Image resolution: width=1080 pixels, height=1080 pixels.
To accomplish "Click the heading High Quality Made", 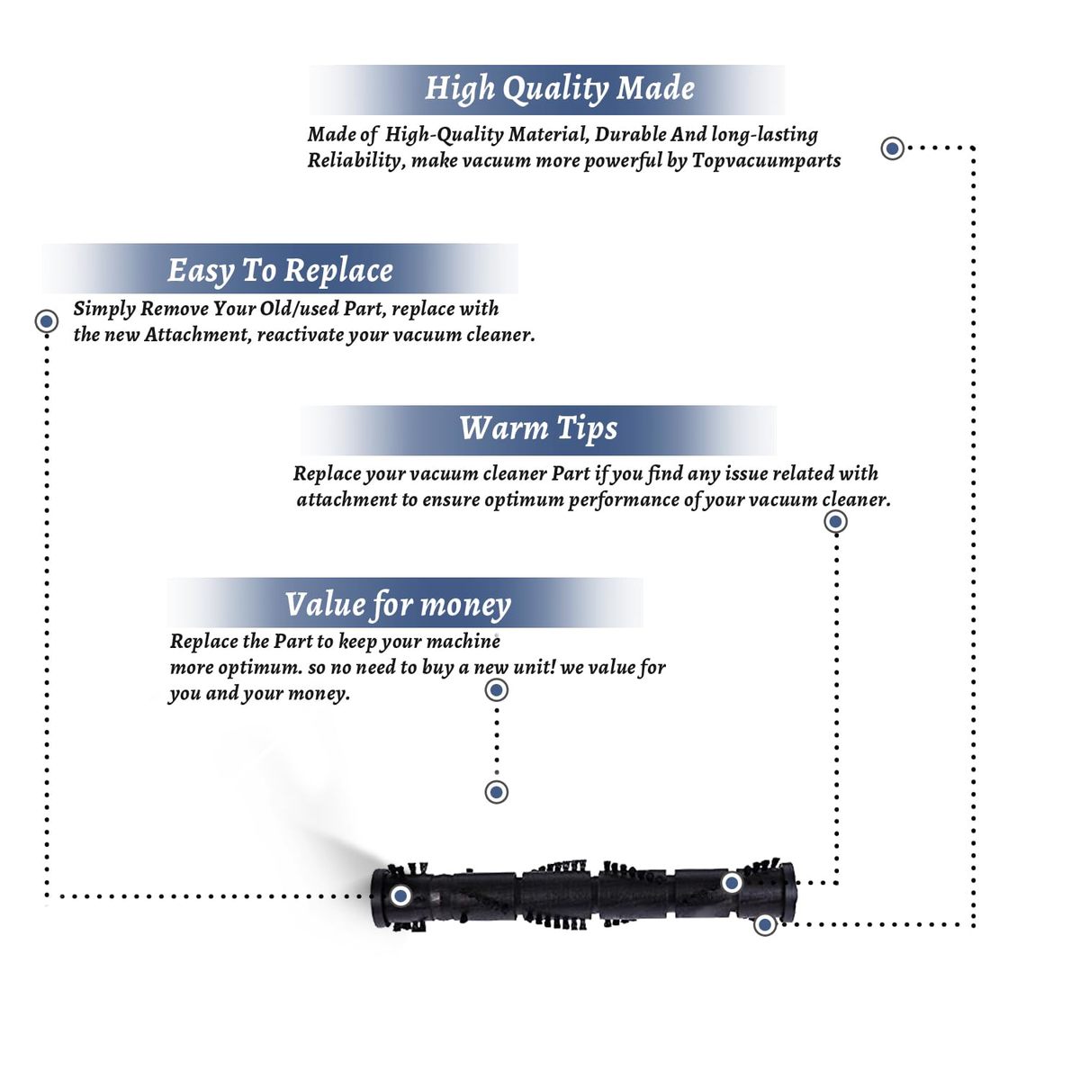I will (559, 88).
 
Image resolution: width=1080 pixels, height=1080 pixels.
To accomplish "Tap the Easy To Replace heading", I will (280, 270).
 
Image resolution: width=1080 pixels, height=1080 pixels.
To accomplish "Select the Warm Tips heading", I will (538, 428).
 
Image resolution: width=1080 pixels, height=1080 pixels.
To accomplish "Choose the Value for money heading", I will (398, 605).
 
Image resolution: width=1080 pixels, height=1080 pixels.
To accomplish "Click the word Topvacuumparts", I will (766, 161).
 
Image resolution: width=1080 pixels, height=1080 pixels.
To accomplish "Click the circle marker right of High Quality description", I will (892, 148).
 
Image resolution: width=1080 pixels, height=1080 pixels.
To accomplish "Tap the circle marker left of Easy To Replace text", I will (47, 320).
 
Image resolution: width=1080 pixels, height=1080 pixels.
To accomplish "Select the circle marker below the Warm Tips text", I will (835, 521).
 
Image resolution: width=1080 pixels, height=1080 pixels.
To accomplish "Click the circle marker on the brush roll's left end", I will (401, 895).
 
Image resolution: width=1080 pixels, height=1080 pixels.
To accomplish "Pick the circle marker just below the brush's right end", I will (764, 924).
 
